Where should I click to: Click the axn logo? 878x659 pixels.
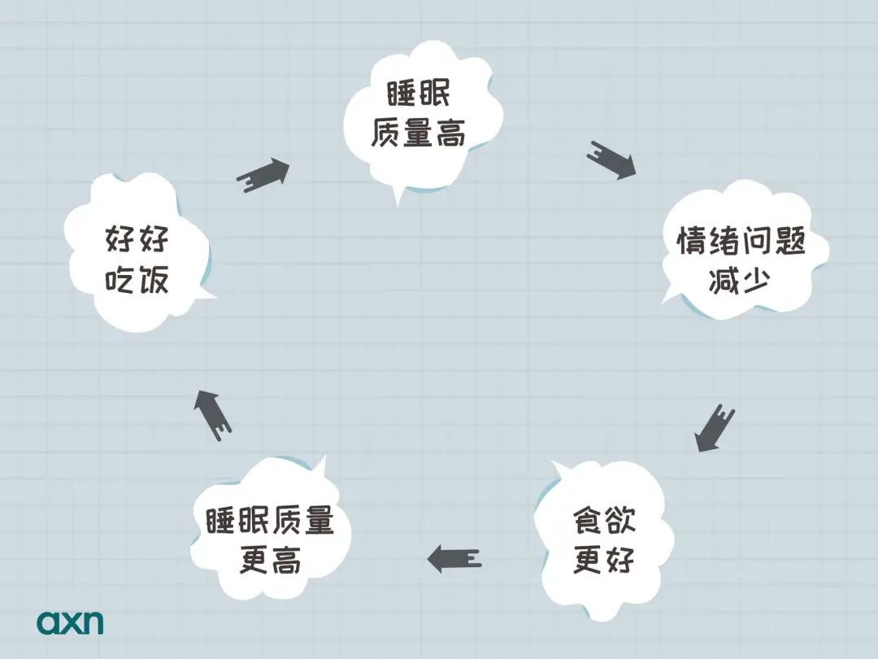tap(70, 622)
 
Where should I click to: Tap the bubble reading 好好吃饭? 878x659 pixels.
tap(137, 253)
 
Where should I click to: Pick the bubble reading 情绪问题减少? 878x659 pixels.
tap(742, 250)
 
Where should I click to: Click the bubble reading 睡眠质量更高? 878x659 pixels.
tap(271, 531)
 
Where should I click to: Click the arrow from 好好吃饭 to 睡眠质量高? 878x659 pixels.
tap(263, 174)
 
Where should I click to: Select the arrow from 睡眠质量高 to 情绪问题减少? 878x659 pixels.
tap(611, 159)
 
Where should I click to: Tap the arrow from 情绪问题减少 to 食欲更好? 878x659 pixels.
tap(714, 428)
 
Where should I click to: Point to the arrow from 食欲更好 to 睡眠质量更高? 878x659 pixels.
tap(454, 558)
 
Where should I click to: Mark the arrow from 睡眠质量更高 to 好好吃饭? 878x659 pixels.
tap(212, 415)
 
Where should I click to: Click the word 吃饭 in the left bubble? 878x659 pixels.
tap(137, 278)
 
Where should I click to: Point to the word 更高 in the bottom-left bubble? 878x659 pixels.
tap(271, 559)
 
